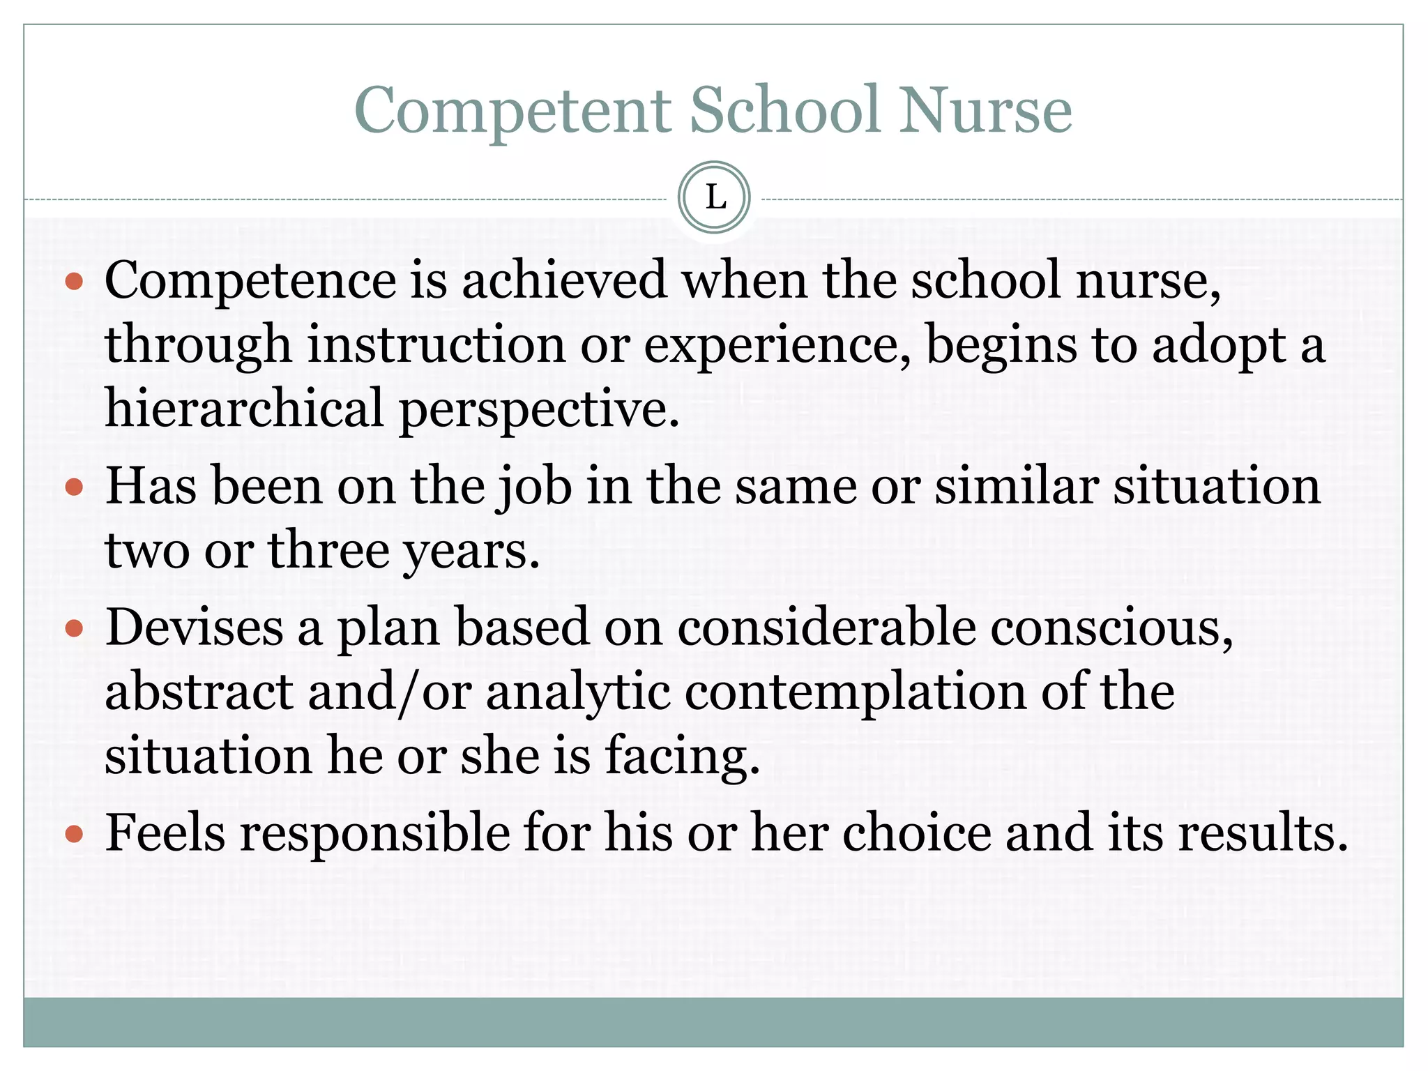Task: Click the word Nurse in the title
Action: tap(985, 109)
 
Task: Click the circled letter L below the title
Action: tap(714, 197)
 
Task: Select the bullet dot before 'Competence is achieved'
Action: tap(74, 282)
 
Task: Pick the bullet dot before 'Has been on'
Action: tap(74, 486)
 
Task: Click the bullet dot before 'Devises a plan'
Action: tap(74, 629)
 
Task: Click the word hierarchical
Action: tap(244, 409)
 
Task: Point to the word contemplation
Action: tap(856, 693)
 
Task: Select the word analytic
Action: tap(578, 693)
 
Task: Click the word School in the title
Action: tap(785, 109)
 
